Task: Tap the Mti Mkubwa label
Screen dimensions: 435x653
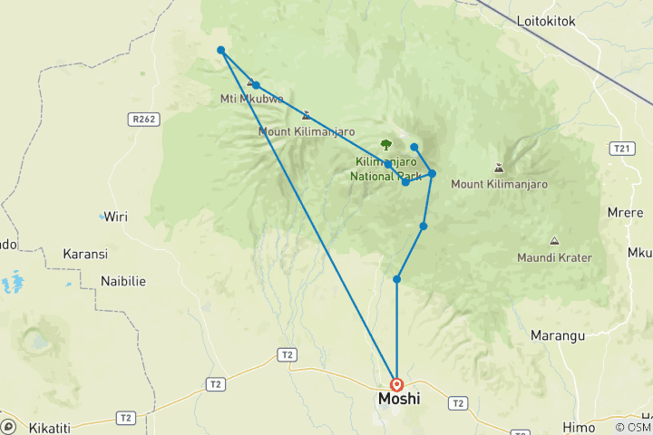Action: (x=252, y=99)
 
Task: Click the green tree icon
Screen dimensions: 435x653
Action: (x=386, y=144)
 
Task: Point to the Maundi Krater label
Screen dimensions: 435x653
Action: (x=554, y=257)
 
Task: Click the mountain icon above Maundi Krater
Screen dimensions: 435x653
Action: (x=554, y=240)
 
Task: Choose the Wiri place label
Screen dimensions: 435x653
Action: (x=115, y=217)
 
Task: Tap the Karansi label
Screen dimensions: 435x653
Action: (x=85, y=254)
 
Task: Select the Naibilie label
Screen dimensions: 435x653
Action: (x=123, y=281)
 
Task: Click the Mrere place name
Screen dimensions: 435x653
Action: (x=626, y=213)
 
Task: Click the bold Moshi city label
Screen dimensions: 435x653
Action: (x=398, y=399)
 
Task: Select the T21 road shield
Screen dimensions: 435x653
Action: (x=621, y=149)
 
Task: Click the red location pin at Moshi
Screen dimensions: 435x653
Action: (x=396, y=385)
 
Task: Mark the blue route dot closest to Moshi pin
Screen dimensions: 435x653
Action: (x=396, y=279)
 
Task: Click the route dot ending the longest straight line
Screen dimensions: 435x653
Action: (x=220, y=50)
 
